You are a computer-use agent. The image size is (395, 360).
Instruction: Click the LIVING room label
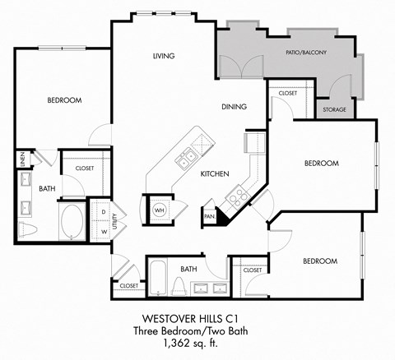click(x=165, y=56)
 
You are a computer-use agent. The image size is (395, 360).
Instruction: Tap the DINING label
click(x=235, y=107)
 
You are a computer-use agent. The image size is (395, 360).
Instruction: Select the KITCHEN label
click(x=214, y=173)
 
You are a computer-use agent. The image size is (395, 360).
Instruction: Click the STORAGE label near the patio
click(x=334, y=109)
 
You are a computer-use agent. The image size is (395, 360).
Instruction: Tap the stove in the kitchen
click(x=235, y=197)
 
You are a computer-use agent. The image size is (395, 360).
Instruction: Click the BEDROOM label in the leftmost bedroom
click(x=63, y=100)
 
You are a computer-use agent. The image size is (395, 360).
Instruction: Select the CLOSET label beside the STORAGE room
click(x=287, y=94)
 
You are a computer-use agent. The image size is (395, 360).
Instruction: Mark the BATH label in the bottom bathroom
click(x=189, y=269)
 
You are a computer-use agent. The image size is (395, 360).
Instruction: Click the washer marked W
click(x=103, y=232)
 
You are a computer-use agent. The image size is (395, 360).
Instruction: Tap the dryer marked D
click(x=103, y=211)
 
